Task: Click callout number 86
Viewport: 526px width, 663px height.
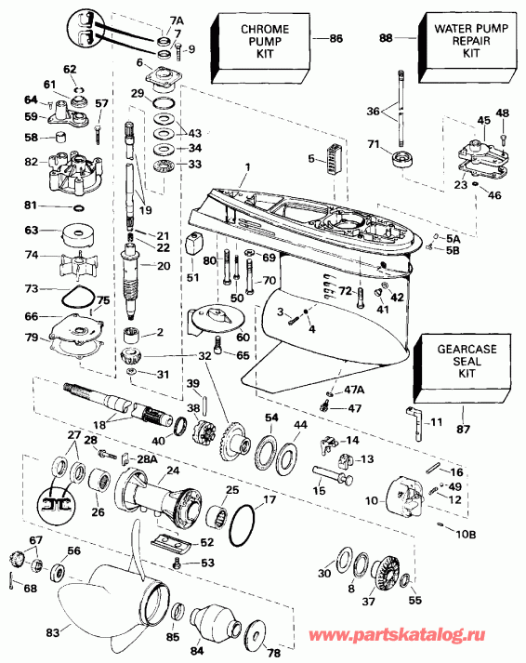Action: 336,38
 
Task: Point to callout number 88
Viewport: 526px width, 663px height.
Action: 386,38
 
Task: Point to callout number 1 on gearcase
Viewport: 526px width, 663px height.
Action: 248,167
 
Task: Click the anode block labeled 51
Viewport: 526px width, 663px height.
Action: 193,245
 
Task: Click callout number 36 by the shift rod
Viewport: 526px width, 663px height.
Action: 373,112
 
